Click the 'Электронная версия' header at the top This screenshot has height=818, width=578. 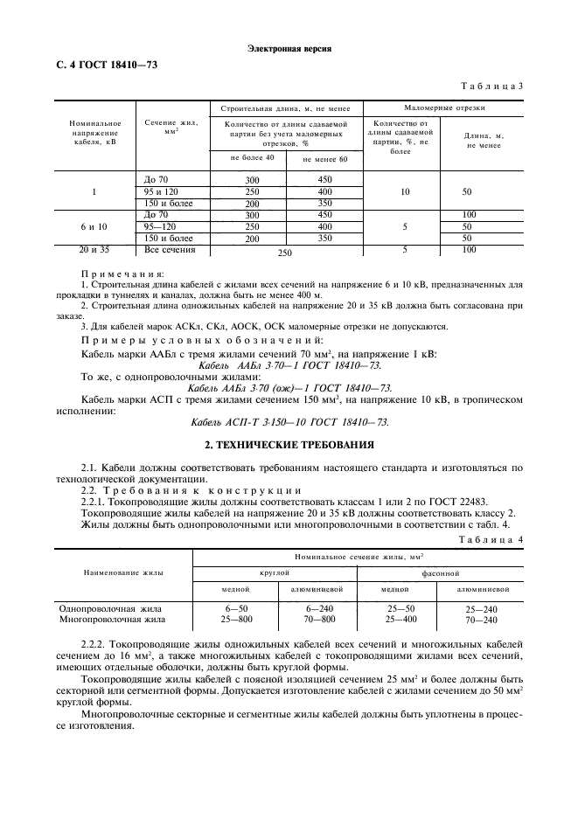tap(289, 49)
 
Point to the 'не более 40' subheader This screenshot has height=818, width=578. tap(252, 157)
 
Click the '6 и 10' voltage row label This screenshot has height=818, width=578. tap(94, 226)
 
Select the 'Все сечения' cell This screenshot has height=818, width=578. tap(169, 250)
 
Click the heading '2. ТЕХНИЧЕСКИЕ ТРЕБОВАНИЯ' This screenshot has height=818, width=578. tap(289, 445)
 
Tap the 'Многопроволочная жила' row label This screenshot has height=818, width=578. tap(112, 619)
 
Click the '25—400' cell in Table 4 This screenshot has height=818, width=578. tap(401, 619)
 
